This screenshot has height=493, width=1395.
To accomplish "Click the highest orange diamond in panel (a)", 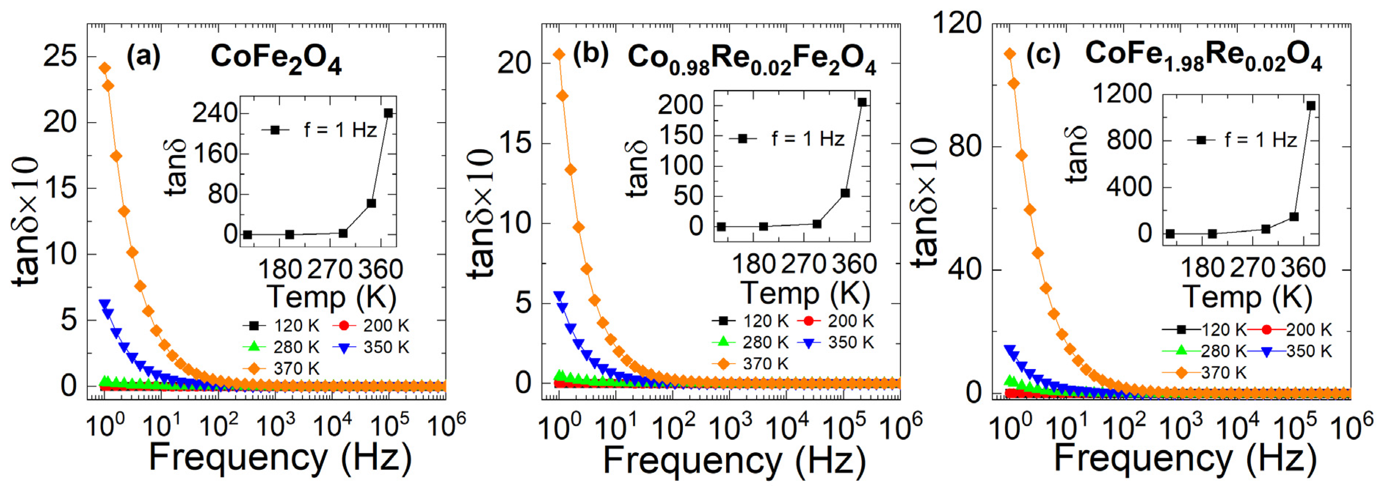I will tap(104, 68).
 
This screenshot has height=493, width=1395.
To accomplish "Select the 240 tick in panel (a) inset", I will tap(215, 113).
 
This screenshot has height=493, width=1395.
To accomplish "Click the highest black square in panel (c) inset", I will tap(1311, 106).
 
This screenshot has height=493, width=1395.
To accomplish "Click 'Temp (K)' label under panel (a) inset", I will tap(331, 297).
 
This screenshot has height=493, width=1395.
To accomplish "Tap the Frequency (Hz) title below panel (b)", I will tap(734, 460).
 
